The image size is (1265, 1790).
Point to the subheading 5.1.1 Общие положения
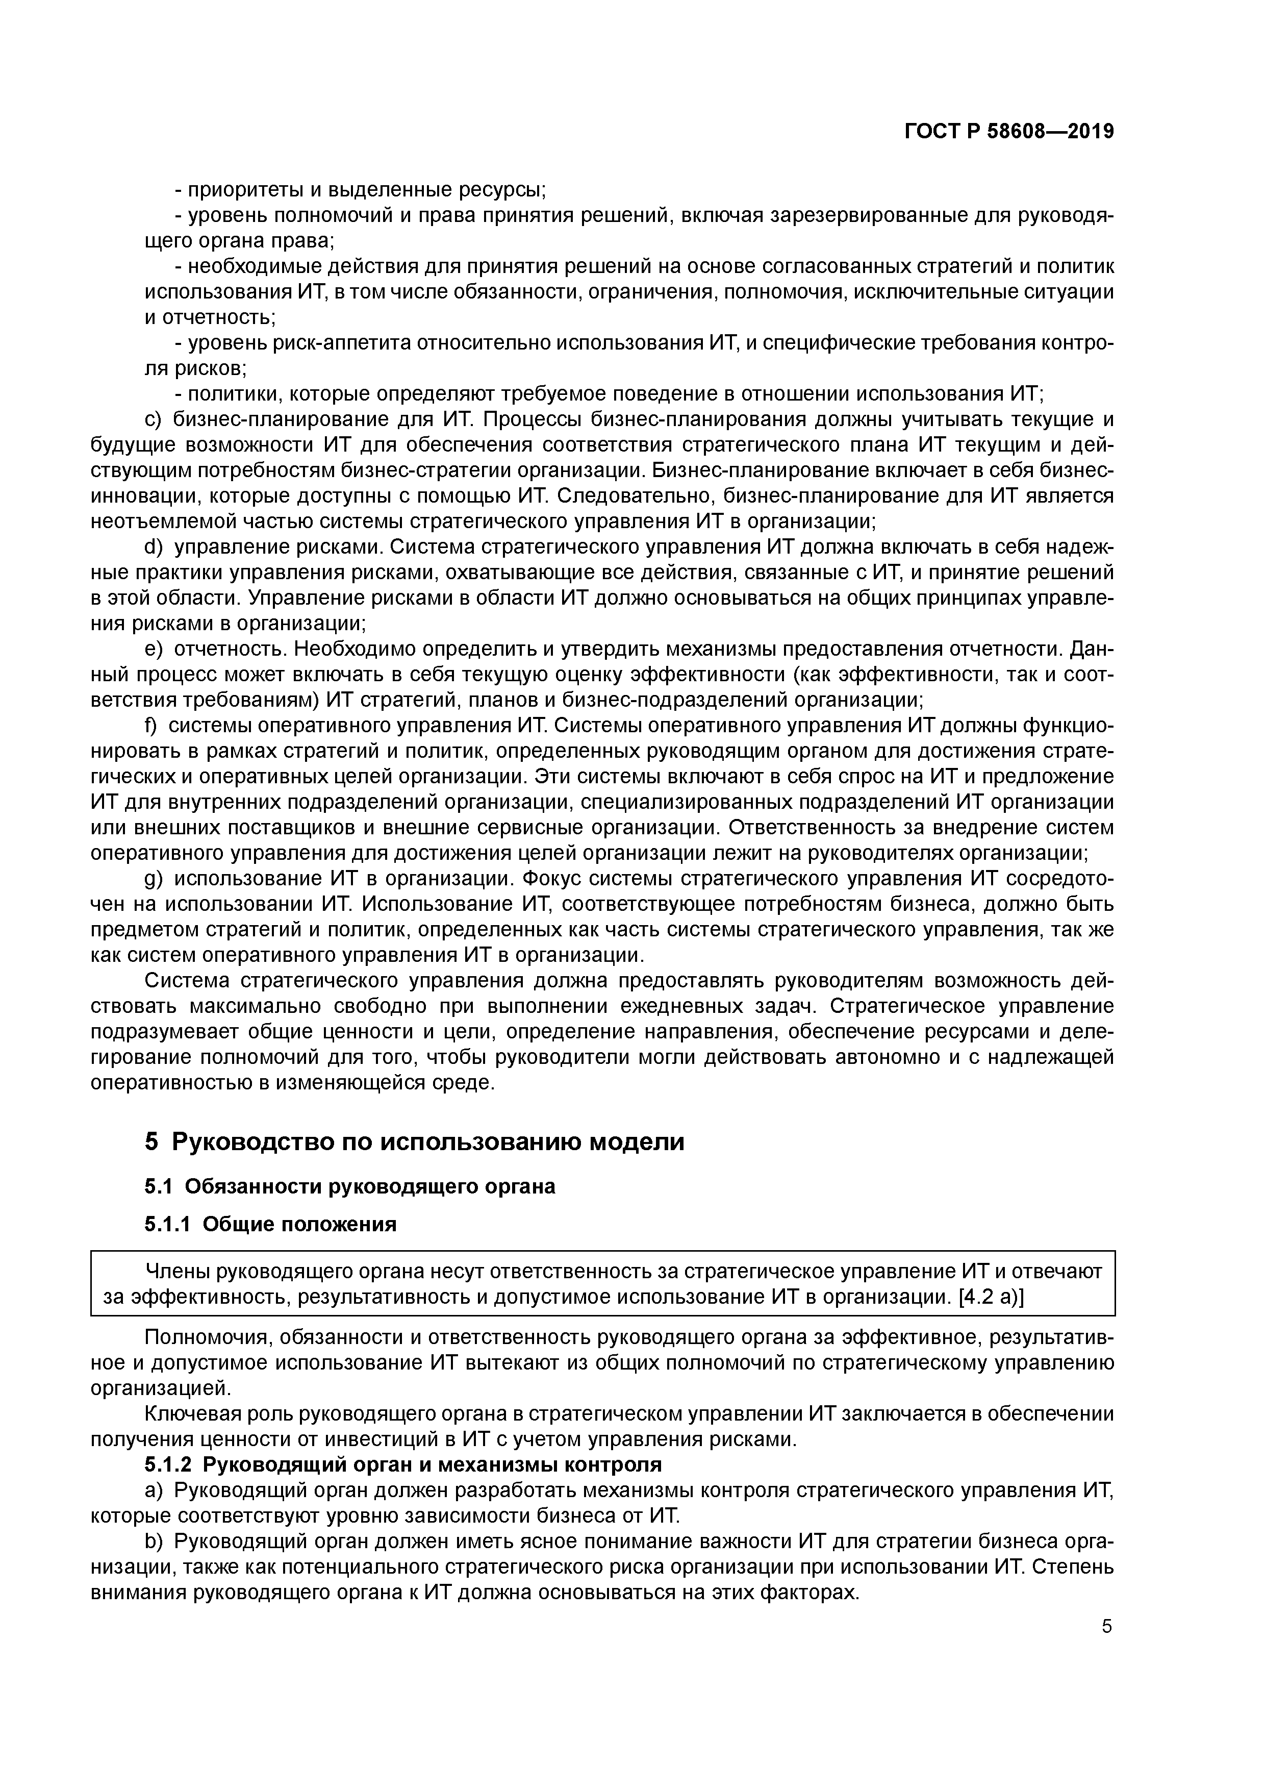(x=270, y=1224)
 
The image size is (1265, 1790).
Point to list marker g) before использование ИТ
(x=154, y=879)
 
